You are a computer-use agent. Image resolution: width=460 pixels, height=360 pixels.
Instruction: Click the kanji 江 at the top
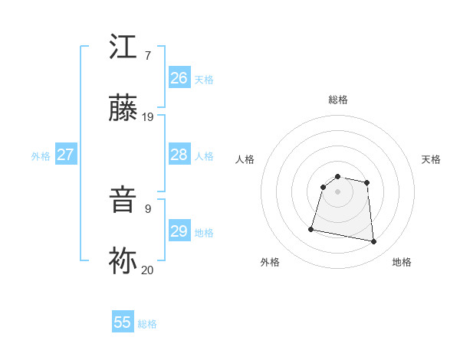[x=123, y=47]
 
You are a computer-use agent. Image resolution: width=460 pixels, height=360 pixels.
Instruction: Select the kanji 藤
[x=123, y=109]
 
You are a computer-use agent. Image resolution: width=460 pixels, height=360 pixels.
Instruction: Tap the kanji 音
[x=123, y=201]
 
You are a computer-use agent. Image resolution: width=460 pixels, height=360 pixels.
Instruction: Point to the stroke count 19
[x=148, y=116]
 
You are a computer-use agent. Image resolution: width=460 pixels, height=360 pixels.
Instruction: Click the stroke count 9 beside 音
[x=147, y=208]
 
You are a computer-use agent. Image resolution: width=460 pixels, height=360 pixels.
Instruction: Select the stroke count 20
[x=148, y=270]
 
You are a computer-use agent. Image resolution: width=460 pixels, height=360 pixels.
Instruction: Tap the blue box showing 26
[x=179, y=78]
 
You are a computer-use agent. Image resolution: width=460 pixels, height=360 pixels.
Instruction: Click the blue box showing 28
[x=179, y=155]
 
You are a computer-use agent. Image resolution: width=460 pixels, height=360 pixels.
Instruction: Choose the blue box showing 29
[x=179, y=231]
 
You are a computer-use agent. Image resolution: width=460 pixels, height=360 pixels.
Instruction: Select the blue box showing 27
[x=65, y=155]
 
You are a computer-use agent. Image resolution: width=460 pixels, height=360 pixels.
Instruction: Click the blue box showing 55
[x=123, y=322]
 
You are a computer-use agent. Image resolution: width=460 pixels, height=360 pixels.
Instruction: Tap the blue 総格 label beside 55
[x=147, y=324]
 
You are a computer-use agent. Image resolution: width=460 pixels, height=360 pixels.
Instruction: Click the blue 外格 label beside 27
[x=41, y=156]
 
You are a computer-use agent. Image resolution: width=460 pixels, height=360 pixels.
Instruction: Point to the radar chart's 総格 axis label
[x=338, y=100]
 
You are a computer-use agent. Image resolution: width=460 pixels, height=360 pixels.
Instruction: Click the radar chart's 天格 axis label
[x=431, y=159]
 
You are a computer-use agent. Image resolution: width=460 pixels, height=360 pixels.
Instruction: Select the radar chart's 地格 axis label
[x=402, y=262]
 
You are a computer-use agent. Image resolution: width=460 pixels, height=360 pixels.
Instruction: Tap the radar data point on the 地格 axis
[x=374, y=242]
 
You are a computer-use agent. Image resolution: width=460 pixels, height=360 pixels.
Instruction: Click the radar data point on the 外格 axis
[x=311, y=228]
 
